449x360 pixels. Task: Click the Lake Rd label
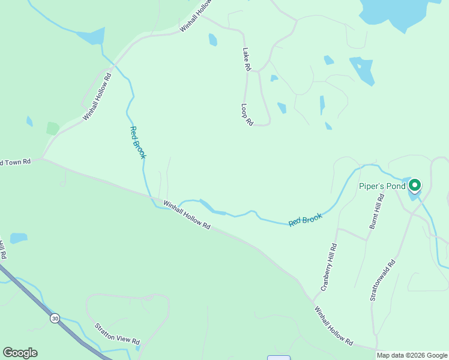(246, 60)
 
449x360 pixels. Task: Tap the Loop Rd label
(247, 115)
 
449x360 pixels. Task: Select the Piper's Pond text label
(382, 186)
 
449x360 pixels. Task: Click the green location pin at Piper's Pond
(415, 186)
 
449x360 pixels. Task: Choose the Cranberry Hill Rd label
(328, 267)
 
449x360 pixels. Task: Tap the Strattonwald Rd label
(382, 280)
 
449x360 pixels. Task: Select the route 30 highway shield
(55, 317)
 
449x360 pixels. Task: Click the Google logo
(20, 353)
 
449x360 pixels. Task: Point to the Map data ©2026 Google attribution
(412, 355)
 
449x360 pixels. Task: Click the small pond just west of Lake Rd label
(212, 40)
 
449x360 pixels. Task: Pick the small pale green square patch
(53, 128)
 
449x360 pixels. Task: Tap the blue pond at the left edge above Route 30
(18, 238)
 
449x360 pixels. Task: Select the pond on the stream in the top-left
(91, 37)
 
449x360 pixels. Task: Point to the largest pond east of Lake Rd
(363, 71)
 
